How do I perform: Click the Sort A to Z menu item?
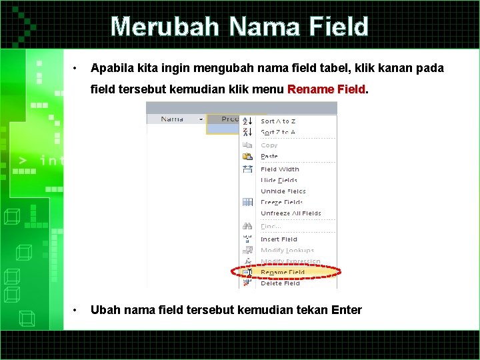(x=278, y=121)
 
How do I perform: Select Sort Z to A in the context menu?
(x=278, y=132)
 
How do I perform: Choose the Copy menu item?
(x=269, y=145)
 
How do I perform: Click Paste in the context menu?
(x=269, y=156)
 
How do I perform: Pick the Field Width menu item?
(x=280, y=169)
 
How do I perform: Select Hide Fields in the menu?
(x=279, y=180)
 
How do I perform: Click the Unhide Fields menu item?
(x=283, y=191)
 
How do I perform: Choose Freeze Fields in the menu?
(x=281, y=202)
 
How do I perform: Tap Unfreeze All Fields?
(x=291, y=213)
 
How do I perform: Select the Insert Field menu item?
(x=279, y=239)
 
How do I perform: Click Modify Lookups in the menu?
(x=287, y=250)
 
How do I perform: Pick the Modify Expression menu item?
(x=291, y=261)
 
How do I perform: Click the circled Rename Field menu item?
(x=283, y=272)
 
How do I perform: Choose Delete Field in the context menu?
(x=280, y=283)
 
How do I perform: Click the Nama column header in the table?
(x=172, y=119)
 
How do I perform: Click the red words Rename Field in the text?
(x=327, y=89)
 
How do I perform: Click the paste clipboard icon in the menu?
(x=247, y=156)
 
